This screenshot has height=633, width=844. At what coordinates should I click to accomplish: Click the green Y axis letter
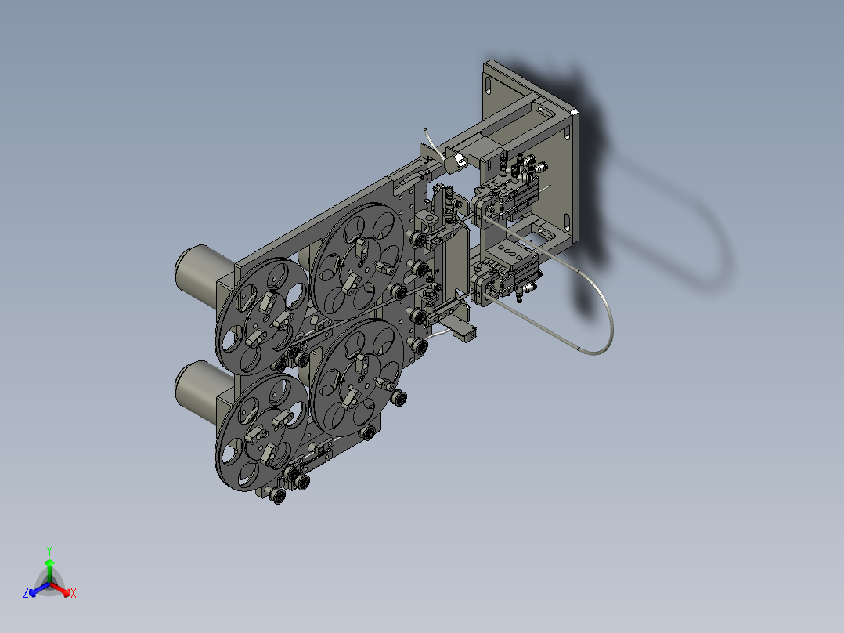49,550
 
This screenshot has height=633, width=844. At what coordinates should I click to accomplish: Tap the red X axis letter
74,594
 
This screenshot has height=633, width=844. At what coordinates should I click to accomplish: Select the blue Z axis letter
26,594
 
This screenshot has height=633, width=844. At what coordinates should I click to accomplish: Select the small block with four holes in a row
509,252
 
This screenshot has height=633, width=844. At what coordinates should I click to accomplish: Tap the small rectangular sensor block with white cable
463,332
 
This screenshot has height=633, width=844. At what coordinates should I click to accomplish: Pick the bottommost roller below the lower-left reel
276,495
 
